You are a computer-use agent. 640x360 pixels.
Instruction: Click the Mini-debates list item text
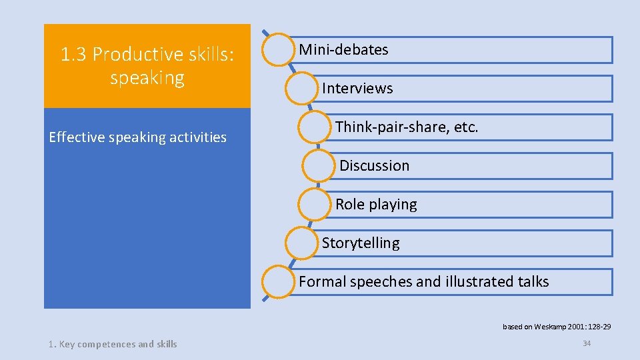(343, 50)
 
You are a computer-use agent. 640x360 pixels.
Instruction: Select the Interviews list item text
(357, 89)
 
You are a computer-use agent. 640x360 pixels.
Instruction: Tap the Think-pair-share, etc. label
(407, 127)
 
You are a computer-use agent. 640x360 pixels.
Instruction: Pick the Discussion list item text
(375, 166)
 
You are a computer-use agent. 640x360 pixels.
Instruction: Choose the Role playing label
(376, 205)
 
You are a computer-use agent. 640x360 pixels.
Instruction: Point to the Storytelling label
(361, 243)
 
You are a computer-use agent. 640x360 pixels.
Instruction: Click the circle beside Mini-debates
(278, 50)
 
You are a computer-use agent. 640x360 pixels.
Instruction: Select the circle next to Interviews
(301, 89)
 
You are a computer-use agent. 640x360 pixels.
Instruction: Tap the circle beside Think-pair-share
(314, 127)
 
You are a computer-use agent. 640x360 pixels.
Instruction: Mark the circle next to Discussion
(318, 166)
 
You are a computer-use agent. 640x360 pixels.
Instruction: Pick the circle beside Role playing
(314, 205)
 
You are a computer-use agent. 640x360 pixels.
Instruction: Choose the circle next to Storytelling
(301, 243)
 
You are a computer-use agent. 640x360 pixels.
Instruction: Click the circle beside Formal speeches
(278, 282)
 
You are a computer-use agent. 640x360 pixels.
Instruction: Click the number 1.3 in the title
(74, 55)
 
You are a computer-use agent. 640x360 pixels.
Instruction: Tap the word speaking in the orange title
(147, 78)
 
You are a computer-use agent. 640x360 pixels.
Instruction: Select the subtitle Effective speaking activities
(138, 138)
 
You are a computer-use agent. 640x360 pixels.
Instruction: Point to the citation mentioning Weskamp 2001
(557, 327)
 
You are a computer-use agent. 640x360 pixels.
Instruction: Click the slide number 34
(587, 343)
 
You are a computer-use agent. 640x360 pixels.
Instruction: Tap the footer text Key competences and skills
(113, 344)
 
